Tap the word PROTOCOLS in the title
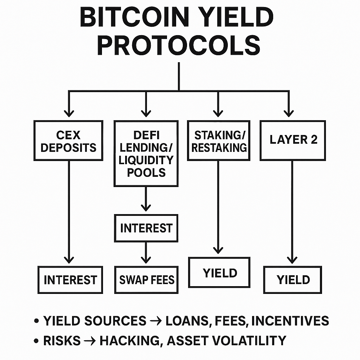179,46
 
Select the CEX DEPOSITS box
69,141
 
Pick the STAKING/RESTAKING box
219,141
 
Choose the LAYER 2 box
293,140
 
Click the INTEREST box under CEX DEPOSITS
70,280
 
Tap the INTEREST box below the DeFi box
146,228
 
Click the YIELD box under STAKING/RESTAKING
219,272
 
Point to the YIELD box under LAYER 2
293,280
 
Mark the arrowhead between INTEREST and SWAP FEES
146,259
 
